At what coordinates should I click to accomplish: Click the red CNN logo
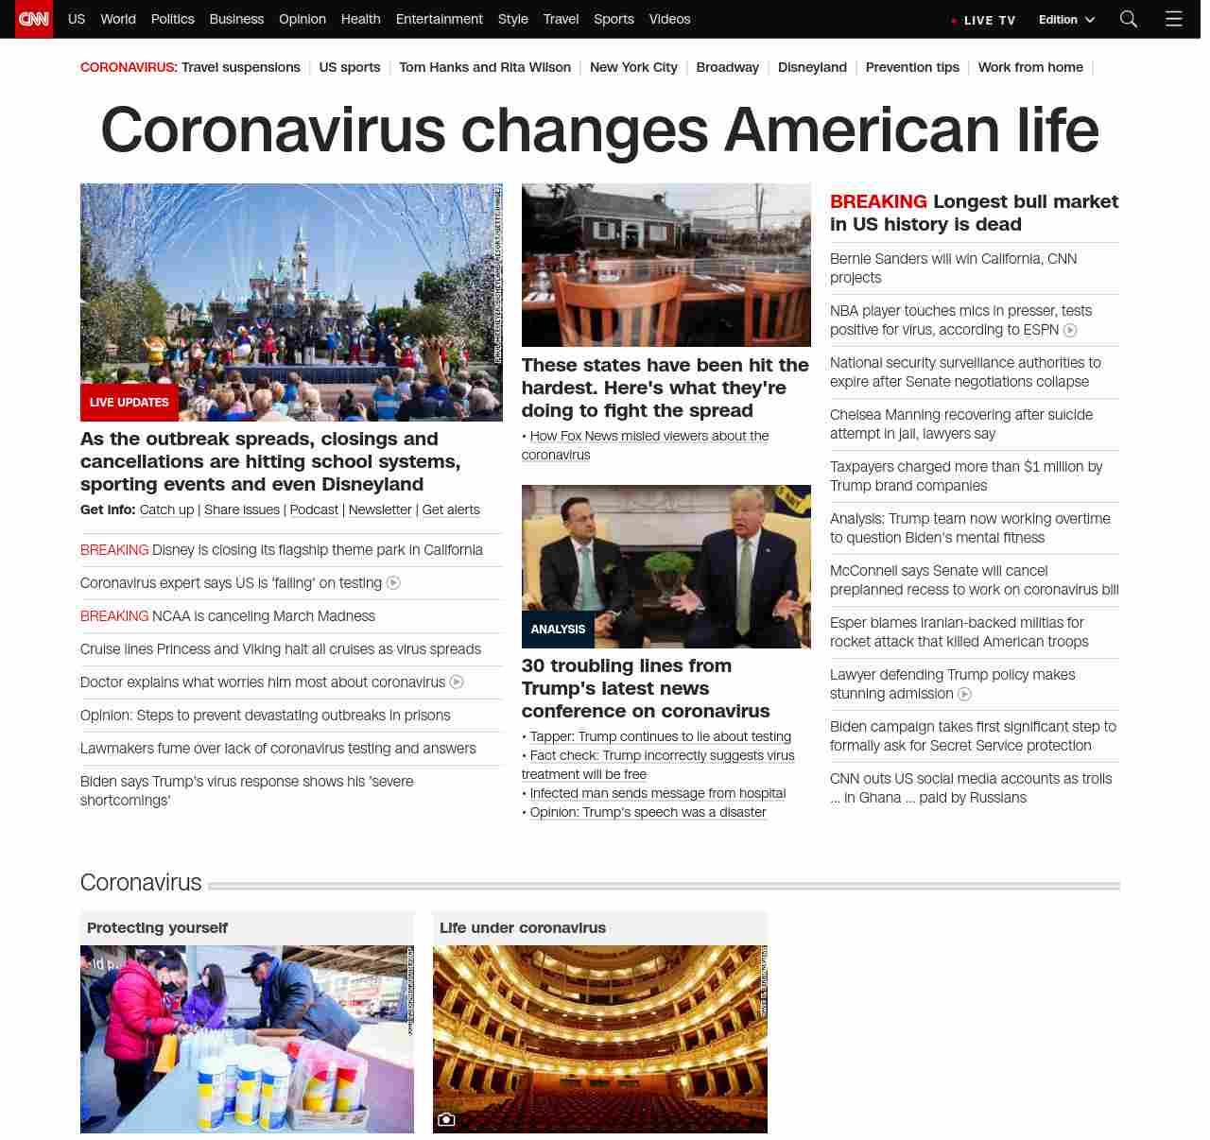[34, 19]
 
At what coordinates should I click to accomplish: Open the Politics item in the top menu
[172, 19]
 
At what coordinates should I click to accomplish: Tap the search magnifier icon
[1128, 19]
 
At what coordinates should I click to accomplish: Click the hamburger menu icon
[1173, 19]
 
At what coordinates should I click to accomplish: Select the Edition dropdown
[1066, 20]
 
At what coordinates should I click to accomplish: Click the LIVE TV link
[984, 20]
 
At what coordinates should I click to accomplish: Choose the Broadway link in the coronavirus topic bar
[727, 67]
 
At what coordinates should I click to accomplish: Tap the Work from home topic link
[1030, 67]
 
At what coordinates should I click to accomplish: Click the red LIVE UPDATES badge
[130, 402]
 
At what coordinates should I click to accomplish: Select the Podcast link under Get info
[314, 510]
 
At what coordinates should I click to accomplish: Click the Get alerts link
[451, 510]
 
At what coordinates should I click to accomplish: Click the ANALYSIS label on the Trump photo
[558, 629]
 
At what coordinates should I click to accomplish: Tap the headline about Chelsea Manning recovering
[960, 424]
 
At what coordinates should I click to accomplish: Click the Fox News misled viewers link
[648, 436]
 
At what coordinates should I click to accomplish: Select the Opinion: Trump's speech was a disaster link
[648, 812]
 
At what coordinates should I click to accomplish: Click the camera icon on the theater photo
[446, 1119]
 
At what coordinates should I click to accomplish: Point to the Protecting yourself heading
[157, 928]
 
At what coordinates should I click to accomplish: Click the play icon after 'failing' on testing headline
[394, 583]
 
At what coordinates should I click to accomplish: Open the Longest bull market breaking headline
[974, 213]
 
